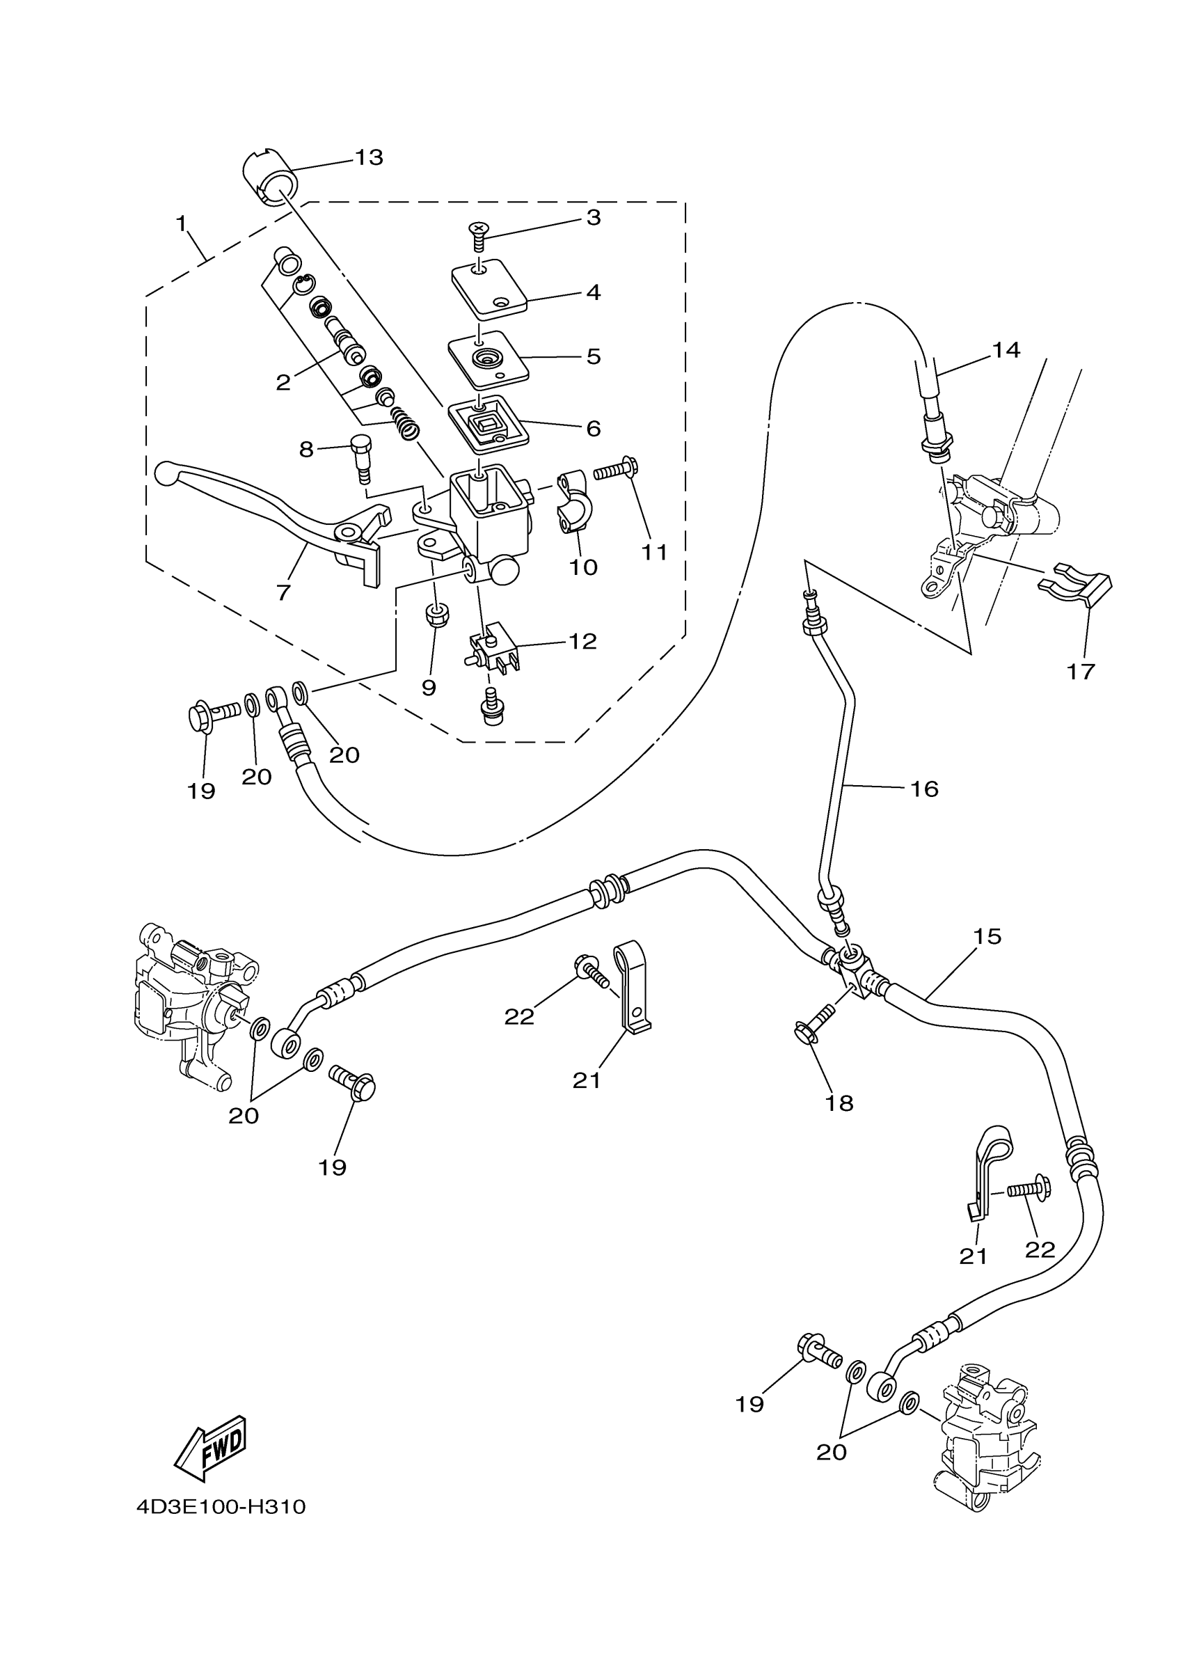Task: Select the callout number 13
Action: [x=369, y=157]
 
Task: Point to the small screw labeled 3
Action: [x=478, y=235]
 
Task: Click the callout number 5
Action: [x=594, y=356]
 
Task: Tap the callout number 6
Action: [x=594, y=428]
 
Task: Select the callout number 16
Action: [x=923, y=788]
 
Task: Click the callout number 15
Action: [x=987, y=936]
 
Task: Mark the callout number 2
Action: [x=283, y=381]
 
